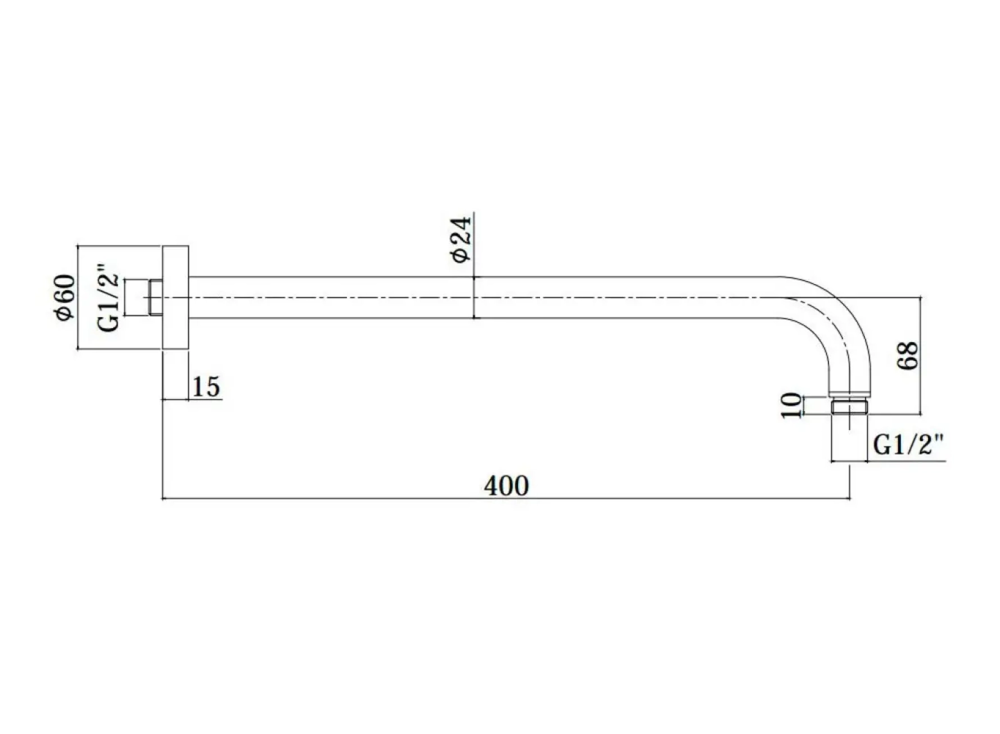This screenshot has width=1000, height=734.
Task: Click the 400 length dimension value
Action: click(506, 485)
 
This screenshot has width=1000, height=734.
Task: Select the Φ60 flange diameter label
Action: click(65, 298)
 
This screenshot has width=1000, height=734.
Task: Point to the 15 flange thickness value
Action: click(206, 387)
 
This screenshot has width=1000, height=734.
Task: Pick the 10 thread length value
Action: click(791, 406)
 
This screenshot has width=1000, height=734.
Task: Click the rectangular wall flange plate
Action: click(175, 298)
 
